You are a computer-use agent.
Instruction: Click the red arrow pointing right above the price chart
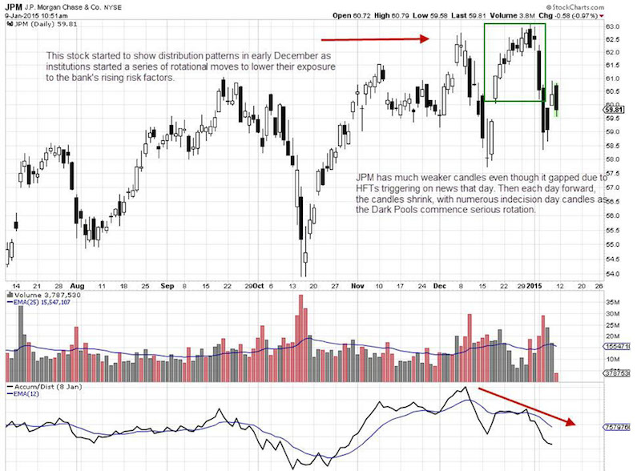[376, 38]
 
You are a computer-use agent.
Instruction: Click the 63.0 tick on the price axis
[613, 26]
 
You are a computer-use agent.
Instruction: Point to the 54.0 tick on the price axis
[613, 274]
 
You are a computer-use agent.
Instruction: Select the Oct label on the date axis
[258, 285]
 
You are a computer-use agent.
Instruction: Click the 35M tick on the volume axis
[615, 304]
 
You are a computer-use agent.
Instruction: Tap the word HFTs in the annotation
[372, 186]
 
